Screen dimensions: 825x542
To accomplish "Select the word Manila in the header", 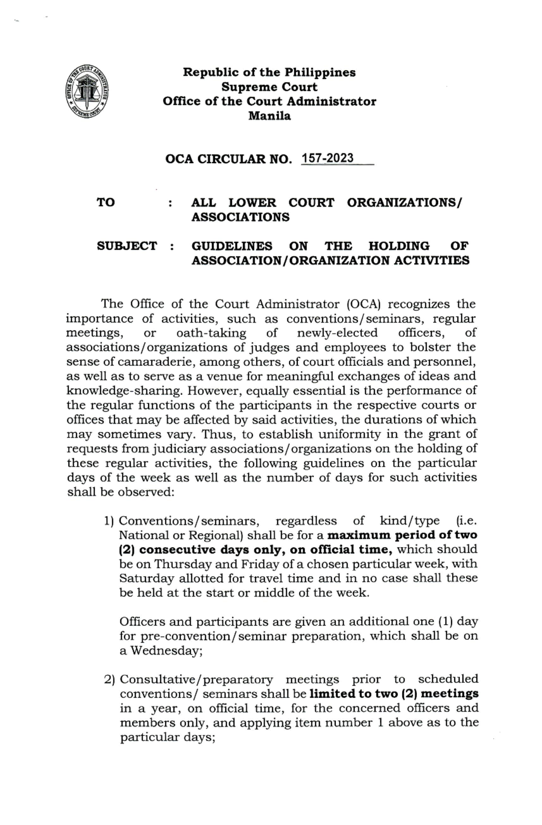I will tap(270, 116).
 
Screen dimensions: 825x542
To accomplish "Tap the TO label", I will tap(106, 202).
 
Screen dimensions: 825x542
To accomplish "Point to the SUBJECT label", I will tap(127, 246).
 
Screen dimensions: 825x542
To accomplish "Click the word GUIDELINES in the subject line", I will tap(232, 246).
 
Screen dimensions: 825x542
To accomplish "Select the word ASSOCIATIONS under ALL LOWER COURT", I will tap(240, 217).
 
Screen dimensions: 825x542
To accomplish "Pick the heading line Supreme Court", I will tap(269, 87).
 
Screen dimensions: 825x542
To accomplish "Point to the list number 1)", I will tap(109, 521).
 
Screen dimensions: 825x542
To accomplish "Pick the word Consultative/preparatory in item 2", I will tap(196, 680).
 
